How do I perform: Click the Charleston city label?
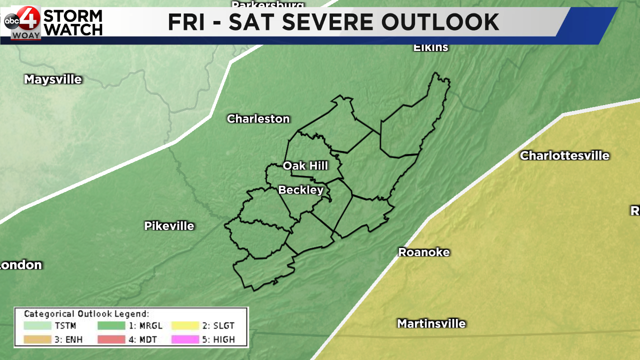tap(258, 119)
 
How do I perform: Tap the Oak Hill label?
tap(305, 165)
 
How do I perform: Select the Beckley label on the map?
tap(300, 190)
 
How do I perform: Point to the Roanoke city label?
tap(423, 252)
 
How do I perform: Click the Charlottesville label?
tap(564, 155)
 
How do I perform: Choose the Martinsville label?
tap(431, 324)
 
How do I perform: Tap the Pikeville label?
tap(169, 226)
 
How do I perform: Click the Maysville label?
tap(52, 79)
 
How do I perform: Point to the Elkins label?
tap(430, 48)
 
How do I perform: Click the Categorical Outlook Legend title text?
tap(86, 314)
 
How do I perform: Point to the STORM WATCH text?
tap(73, 22)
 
